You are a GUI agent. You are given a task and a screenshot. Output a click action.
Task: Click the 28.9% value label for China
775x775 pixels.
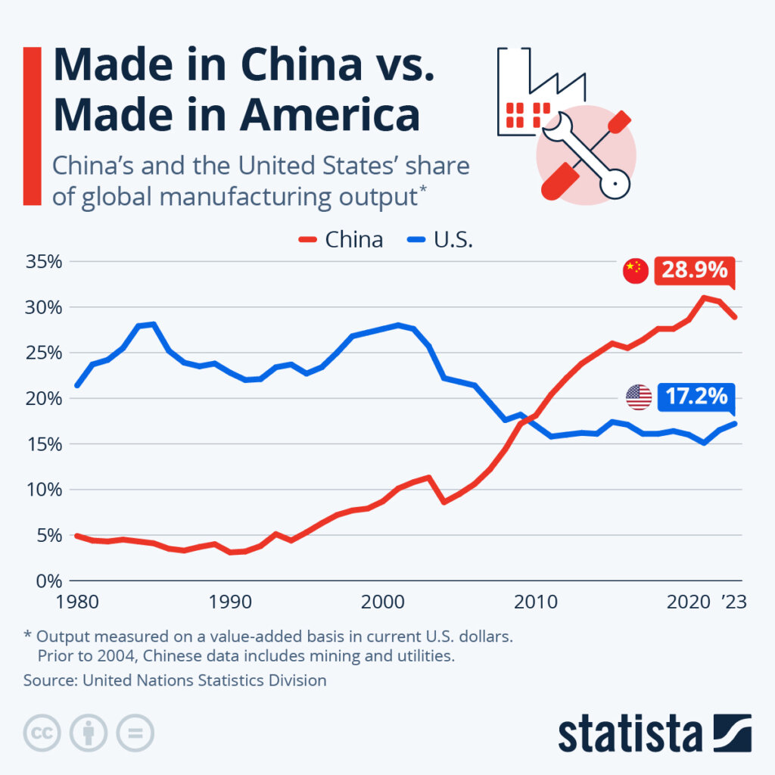click(x=694, y=270)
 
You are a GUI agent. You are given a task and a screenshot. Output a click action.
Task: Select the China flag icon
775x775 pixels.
click(x=636, y=271)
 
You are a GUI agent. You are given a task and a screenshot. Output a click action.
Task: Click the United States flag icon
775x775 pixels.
click(x=639, y=397)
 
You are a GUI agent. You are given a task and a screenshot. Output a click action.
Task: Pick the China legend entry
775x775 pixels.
click(x=341, y=240)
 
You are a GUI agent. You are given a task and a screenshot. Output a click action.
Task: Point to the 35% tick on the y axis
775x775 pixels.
click(x=44, y=262)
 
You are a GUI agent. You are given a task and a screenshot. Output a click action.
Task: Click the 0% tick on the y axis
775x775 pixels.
click(x=49, y=580)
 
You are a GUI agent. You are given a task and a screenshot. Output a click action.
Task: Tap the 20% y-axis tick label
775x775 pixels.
click(x=44, y=398)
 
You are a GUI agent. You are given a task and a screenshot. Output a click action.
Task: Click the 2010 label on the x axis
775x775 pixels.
click(x=536, y=602)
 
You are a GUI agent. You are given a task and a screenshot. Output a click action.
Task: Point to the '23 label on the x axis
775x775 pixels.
click(x=732, y=602)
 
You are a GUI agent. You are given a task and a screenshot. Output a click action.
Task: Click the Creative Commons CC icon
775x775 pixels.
click(x=43, y=733)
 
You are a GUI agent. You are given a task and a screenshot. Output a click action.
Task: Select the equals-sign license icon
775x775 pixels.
click(x=135, y=733)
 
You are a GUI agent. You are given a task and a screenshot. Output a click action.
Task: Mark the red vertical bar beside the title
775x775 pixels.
click(x=32, y=126)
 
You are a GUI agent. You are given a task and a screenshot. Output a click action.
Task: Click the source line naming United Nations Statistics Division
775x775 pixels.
click(x=175, y=680)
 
